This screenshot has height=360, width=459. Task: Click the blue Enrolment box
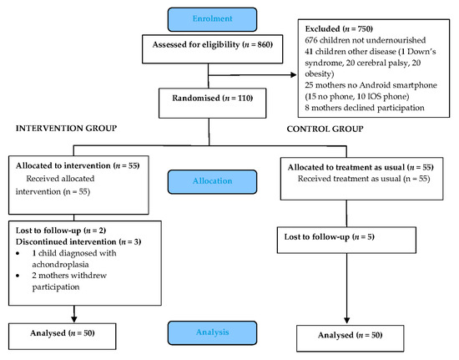click(x=207, y=18)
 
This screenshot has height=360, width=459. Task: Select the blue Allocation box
click(x=207, y=180)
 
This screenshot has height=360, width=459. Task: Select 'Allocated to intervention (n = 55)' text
click(x=76, y=165)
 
